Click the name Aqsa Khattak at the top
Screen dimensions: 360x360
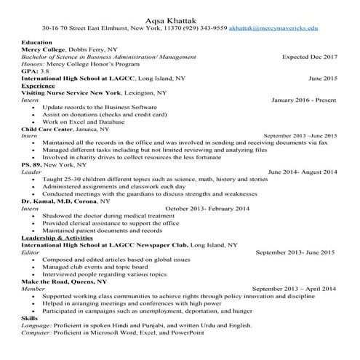coord(180,15)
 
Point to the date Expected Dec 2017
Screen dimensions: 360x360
coord(309,56)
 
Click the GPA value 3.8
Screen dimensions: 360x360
coord(45,71)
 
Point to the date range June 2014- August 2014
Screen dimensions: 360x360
coord(303,172)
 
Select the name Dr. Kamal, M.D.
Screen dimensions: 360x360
coord(47,200)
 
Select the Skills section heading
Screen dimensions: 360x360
coord(30,319)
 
